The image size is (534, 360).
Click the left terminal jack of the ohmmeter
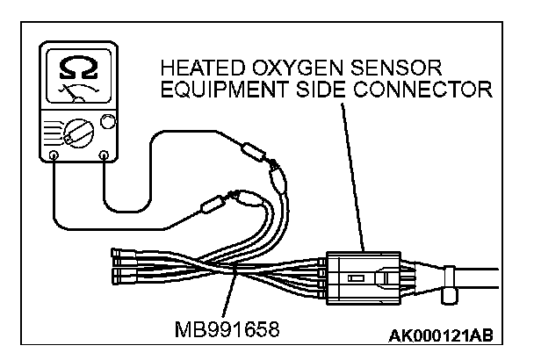click(54, 157)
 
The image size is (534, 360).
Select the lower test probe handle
click(211, 208)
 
